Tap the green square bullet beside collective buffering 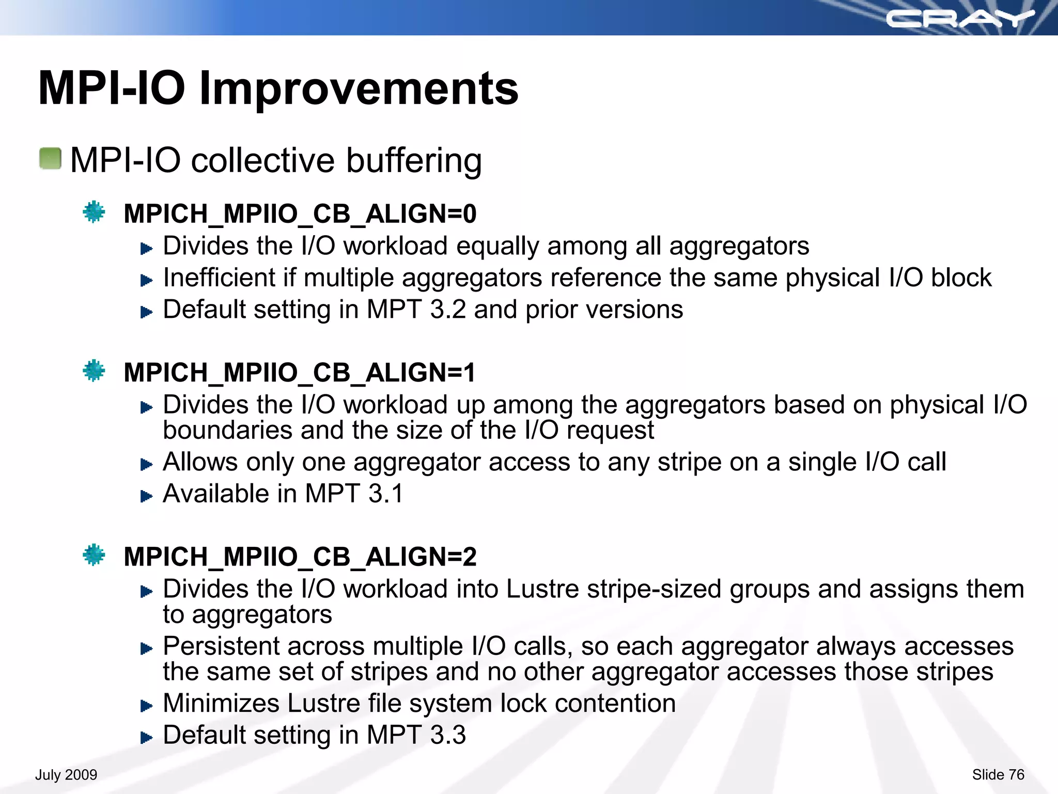pos(50,159)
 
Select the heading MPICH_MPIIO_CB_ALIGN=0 pos(300,213)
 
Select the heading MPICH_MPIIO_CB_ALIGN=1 pos(299,372)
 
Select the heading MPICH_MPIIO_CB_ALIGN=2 pos(300,557)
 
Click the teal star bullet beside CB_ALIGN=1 pos(94,371)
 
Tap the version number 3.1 pos(385,494)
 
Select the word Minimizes pos(221,704)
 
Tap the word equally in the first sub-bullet pos(497,246)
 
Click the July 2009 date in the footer pos(66,775)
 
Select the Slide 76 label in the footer pos(998,775)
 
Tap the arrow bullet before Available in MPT pos(147,496)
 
